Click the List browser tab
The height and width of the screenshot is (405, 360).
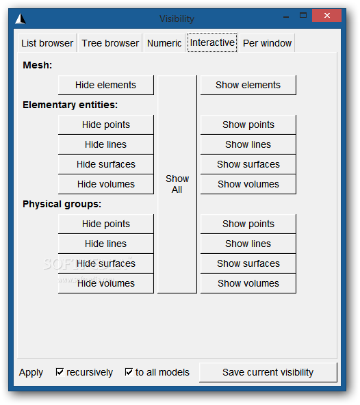(x=47, y=43)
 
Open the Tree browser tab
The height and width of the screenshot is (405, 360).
(x=110, y=43)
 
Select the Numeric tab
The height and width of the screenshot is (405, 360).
(x=164, y=43)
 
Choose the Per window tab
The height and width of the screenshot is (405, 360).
(x=267, y=43)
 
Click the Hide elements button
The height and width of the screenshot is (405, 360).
(x=105, y=85)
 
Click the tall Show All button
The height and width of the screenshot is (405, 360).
(x=177, y=184)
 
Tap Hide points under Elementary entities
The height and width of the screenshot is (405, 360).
(x=105, y=125)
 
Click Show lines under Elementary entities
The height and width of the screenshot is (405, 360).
(x=248, y=144)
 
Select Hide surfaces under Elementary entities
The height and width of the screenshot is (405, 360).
(x=105, y=164)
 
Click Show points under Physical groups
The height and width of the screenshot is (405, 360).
(x=248, y=224)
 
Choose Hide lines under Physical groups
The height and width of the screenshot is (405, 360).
(x=105, y=244)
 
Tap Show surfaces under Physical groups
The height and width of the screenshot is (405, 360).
(x=248, y=263)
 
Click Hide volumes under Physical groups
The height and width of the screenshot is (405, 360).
(x=105, y=283)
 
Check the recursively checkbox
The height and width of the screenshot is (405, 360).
(x=60, y=372)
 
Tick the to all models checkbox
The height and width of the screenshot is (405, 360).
(x=129, y=372)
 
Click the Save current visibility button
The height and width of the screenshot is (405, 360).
(x=268, y=372)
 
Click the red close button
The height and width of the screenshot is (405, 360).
(x=327, y=16)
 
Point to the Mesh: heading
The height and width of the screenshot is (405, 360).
(x=37, y=65)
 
